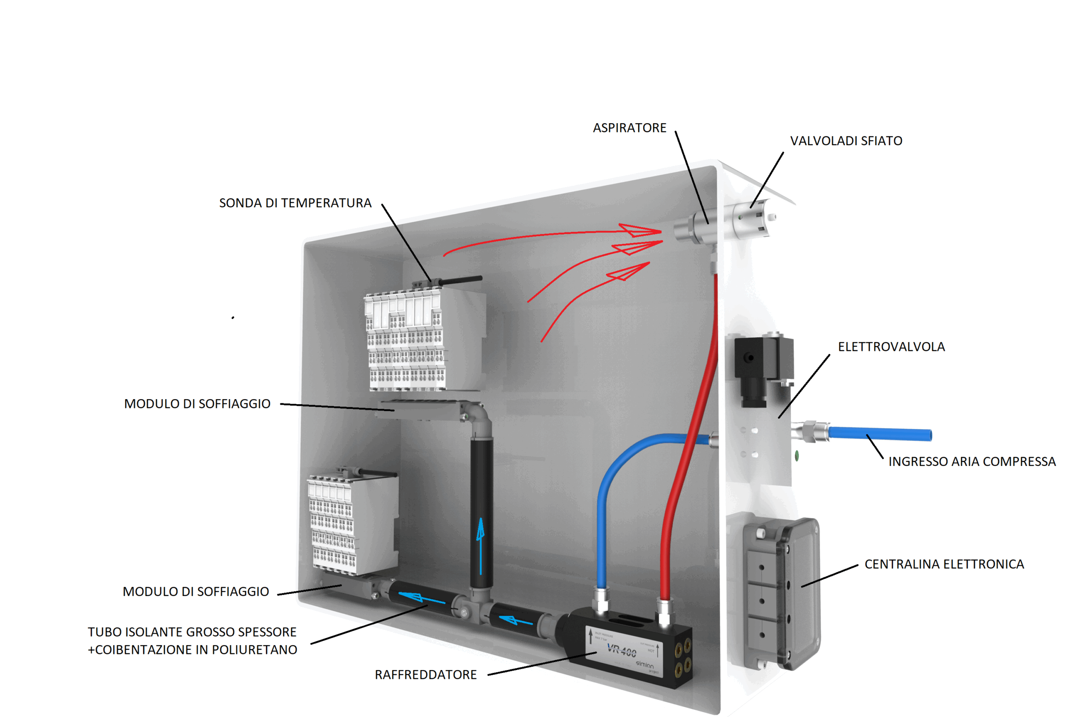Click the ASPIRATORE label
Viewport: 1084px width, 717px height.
629,128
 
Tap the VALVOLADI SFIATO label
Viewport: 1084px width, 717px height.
846,141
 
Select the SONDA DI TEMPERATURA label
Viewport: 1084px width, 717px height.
295,203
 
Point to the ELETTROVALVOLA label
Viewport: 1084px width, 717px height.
891,347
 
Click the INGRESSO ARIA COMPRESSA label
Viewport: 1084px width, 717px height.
971,461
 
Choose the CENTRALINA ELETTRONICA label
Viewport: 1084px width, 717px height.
943,564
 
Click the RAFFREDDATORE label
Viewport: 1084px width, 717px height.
426,675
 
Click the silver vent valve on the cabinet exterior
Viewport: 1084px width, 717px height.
750,218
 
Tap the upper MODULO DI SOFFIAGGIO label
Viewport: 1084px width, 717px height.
197,404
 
